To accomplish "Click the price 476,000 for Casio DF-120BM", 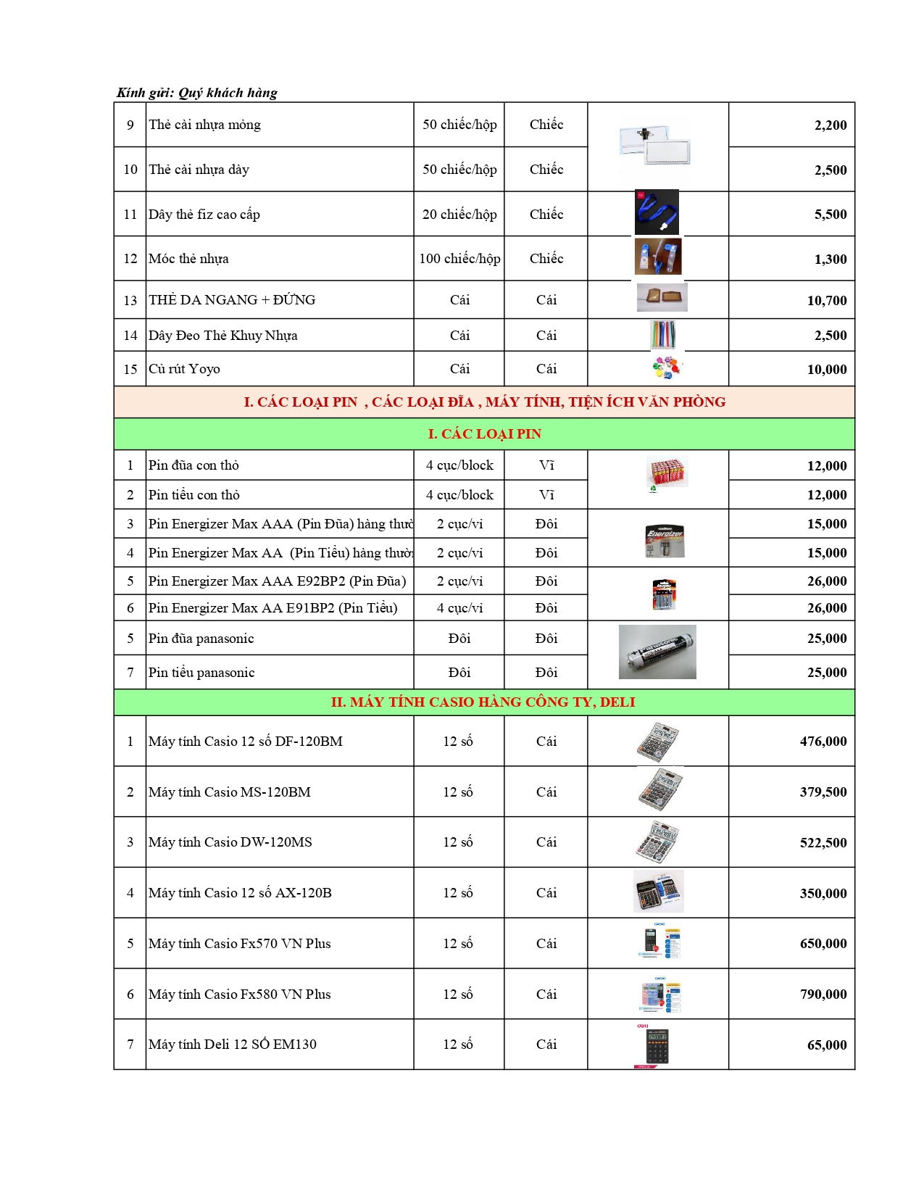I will (823, 742).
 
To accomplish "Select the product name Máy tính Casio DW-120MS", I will (230, 842).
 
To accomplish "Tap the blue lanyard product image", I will (657, 212).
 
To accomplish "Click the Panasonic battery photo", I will (657, 652).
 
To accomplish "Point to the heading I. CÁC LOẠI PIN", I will (484, 434).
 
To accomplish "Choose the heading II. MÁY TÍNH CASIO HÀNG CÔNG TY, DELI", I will (483, 702).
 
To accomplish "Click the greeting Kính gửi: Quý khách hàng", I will (197, 93).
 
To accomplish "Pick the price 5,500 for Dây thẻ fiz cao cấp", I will (831, 215).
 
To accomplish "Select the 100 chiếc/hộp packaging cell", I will (459, 259).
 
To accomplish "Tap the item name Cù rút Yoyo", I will (184, 369).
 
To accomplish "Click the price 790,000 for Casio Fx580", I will (823, 994).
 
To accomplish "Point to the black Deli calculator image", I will (657, 1045).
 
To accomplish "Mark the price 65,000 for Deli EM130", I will (827, 1045).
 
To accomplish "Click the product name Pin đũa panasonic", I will (201, 639).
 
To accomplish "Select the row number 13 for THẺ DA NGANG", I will (130, 300).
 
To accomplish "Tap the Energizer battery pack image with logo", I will (665, 541).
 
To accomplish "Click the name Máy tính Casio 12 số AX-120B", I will (240, 893).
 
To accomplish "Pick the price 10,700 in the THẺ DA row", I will (827, 301).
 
